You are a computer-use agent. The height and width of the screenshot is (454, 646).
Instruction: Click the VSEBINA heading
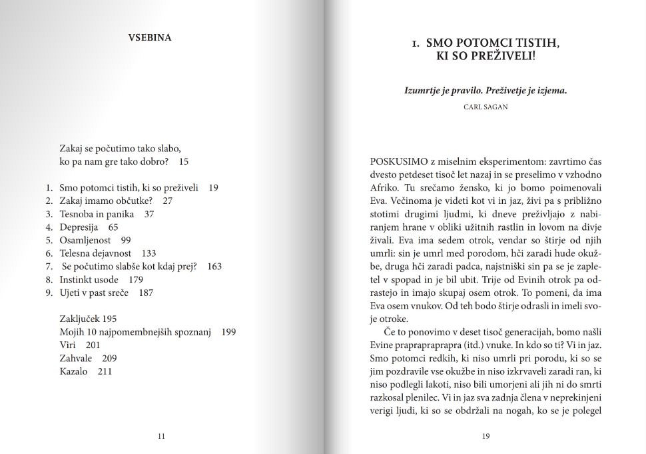coord(149,37)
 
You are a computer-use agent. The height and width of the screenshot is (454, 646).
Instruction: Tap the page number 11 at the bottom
coord(161,437)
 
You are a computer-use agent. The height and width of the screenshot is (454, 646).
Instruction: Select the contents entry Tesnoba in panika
coord(97,214)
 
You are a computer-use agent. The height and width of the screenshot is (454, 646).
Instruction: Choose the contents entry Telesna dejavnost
coord(98,253)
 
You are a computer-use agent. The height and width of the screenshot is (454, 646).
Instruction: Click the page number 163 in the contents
coord(214,266)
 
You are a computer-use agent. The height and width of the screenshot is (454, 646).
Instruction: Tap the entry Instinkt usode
coord(89,279)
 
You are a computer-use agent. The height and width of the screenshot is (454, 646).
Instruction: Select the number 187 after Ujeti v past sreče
coord(145,293)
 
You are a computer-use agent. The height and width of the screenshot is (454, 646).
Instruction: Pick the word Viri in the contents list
coord(68,345)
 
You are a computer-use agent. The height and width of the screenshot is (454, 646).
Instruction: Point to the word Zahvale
coord(76,358)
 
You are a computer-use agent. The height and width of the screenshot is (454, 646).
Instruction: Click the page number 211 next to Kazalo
coord(105,371)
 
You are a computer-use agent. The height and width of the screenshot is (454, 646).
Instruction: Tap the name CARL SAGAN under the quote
coord(485,107)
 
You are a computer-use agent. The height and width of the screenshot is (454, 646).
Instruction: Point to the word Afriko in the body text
coord(384,189)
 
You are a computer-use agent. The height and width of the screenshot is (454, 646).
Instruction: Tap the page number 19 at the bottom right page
coord(485,437)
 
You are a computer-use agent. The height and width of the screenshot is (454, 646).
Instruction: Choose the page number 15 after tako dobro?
coord(184,161)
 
